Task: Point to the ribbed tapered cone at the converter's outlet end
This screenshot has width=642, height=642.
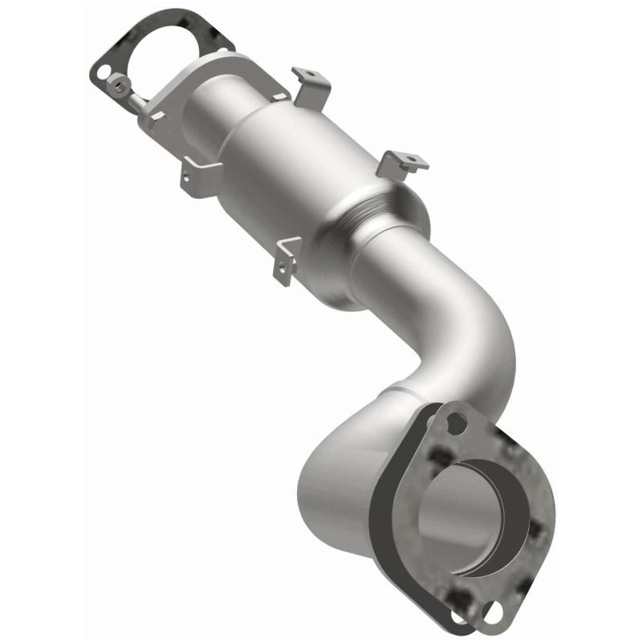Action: pyautogui.click(x=369, y=233)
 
